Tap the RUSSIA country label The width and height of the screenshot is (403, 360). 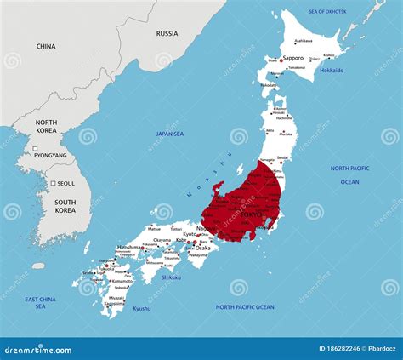point(167,33)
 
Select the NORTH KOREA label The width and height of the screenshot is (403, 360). point(46,128)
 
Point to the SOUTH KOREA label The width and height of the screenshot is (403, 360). point(65,206)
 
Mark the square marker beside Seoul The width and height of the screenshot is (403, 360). point(52,184)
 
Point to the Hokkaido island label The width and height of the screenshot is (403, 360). point(331,71)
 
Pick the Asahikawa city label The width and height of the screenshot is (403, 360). point(304,41)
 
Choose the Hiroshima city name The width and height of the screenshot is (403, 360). point(129,248)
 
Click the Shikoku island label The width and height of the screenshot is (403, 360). point(171,277)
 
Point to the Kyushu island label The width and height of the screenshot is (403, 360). point(141,308)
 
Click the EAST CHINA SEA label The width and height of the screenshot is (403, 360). point(41,303)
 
